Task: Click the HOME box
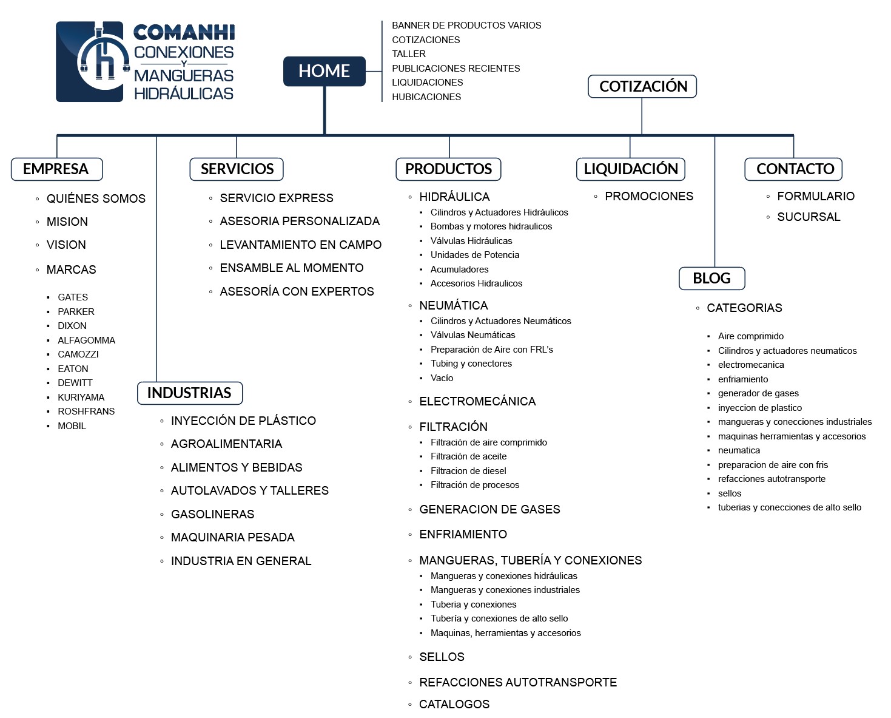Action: point(324,72)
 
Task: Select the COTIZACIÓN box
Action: point(642,86)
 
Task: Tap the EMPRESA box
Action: point(56,169)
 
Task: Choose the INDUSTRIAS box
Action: point(189,393)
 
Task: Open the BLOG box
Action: point(711,279)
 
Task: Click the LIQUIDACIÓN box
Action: point(630,169)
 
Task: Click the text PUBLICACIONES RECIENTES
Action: point(456,69)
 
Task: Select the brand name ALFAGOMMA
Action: point(86,340)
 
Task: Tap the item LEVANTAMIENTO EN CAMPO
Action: point(300,245)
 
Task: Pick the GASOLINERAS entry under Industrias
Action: point(212,515)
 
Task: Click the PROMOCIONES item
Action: point(648,197)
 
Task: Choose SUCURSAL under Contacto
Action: point(808,217)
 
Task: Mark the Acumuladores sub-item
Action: point(459,269)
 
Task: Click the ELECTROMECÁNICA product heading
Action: point(477,402)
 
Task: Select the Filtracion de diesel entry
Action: point(468,471)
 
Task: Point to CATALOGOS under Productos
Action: point(454,705)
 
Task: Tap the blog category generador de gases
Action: point(758,393)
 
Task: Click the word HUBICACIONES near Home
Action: point(426,97)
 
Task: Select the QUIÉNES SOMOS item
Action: point(96,199)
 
